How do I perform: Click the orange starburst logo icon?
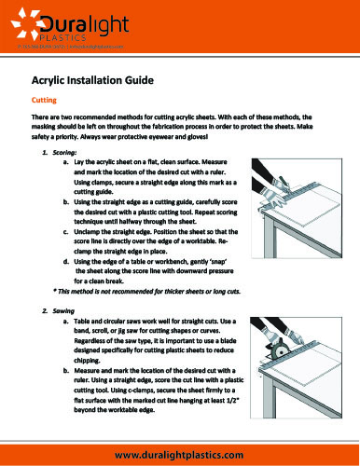pos(24,21)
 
